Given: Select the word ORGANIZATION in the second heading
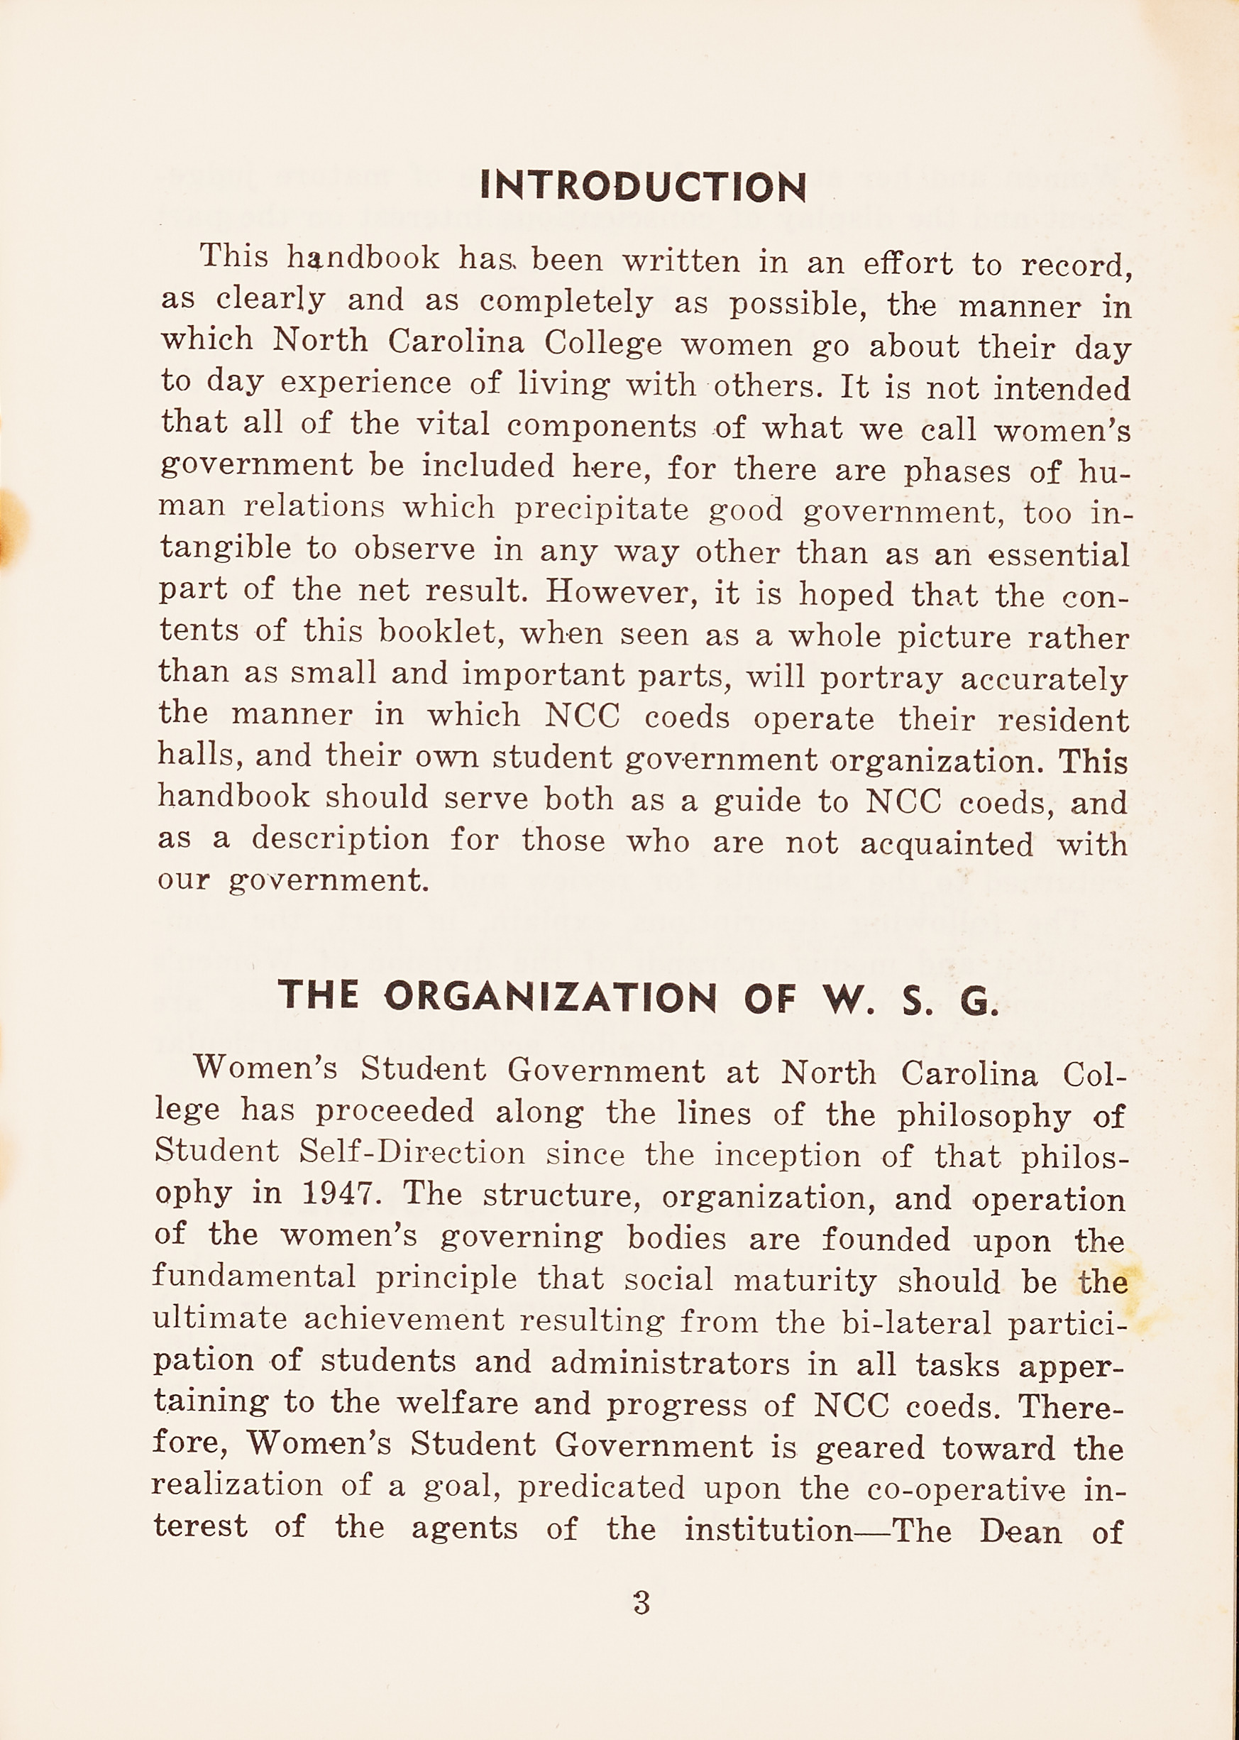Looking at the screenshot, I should [x=550, y=996].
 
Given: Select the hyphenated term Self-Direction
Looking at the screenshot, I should [x=412, y=1151].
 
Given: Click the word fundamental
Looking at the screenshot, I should [x=253, y=1275].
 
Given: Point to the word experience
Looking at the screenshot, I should [x=365, y=382].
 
